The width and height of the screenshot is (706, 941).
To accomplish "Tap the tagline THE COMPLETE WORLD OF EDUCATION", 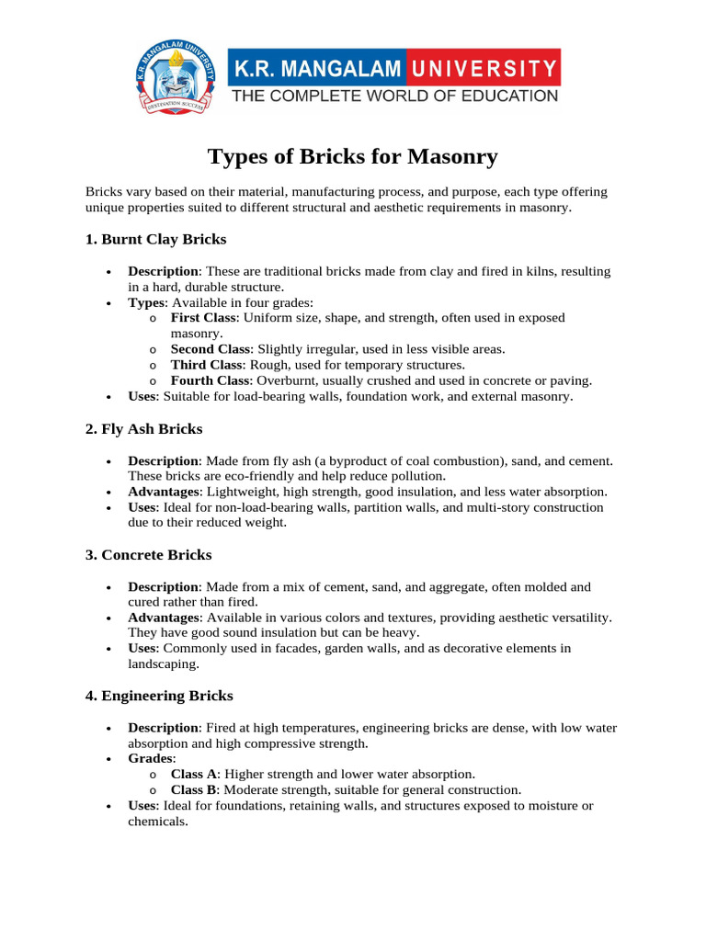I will click(393, 96).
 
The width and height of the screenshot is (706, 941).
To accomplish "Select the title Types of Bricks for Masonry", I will click(353, 156).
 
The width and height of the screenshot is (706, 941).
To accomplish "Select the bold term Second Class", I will click(210, 349).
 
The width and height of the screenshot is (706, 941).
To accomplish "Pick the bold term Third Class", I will click(205, 365).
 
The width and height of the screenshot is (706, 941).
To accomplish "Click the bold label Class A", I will click(194, 775).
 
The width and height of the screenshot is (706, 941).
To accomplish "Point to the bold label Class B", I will click(194, 790).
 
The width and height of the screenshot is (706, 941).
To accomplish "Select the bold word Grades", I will click(150, 759).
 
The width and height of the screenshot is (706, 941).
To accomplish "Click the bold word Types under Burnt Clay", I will click(147, 302).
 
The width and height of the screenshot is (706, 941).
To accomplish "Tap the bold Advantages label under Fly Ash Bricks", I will click(163, 492).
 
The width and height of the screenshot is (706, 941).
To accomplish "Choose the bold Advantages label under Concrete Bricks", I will click(163, 618).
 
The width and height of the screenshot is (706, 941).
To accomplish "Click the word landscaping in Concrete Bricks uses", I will click(162, 663).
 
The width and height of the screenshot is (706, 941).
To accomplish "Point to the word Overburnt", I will click(285, 380).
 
